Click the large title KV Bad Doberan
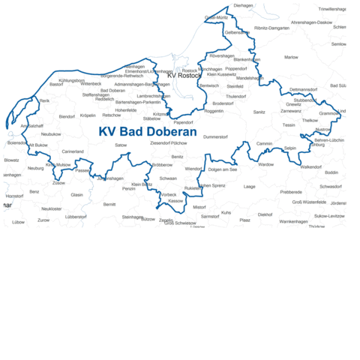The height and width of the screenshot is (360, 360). tap(148, 132)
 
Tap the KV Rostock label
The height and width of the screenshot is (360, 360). tap(184, 76)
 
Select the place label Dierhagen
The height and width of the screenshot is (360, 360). tap(244, 5)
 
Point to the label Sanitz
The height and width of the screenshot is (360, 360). tap(259, 112)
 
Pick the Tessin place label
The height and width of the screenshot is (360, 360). tap(289, 124)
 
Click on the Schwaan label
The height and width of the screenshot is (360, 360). tap(168, 178)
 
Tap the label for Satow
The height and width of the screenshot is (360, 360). tap(121, 145)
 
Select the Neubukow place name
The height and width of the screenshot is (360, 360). tap(51, 133)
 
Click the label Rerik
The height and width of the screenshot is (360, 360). tap(44, 100)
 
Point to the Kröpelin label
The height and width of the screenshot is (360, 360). tap(88, 115)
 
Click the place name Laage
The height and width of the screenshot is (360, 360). tap(250, 186)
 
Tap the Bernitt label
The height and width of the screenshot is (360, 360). tap(109, 204)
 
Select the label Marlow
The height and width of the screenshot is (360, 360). tap(291, 57)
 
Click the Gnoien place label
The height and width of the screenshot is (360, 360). tap(316, 144)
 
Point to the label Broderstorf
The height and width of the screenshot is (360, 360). tap(223, 103)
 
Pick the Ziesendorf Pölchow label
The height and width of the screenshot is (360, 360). tap(169, 142)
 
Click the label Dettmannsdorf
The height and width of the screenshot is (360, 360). tap(304, 90)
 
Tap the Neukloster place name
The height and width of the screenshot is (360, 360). tap(52, 208)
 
